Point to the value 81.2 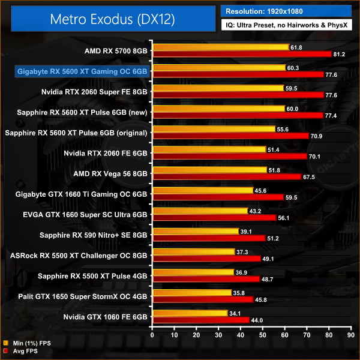click(340, 54)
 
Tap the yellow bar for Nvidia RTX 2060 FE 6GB click(209, 149)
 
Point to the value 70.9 click(317, 136)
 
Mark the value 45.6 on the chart click(262, 190)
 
